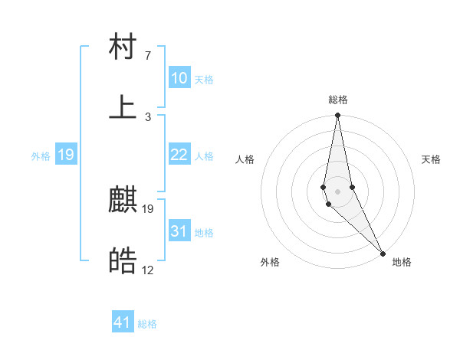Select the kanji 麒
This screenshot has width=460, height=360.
pos(123,201)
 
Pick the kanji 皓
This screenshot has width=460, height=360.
pos(123,262)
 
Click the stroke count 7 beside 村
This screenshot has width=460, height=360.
pos(147,56)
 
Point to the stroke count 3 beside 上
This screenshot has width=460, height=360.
pos(147,116)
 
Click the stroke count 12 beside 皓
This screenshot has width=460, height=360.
pos(147,270)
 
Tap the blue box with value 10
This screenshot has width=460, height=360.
pos(179,78)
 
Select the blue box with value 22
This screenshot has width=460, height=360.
pos(179,155)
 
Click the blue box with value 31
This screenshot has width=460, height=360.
pos(179,231)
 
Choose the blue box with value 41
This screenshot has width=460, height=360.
pos(123,322)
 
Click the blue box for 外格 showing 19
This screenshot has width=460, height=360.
pos(65,155)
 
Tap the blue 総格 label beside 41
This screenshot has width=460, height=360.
pos(147,324)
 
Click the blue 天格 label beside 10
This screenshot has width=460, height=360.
pos(204,80)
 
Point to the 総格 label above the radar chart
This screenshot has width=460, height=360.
pos(338,100)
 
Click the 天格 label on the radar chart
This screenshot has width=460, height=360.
pos(432,159)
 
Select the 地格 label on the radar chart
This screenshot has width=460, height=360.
pos(402,262)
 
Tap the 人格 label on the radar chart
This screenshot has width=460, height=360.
pos(245,159)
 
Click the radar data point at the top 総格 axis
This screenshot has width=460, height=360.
pos(337,116)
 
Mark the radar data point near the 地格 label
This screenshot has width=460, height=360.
pos(382,253)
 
